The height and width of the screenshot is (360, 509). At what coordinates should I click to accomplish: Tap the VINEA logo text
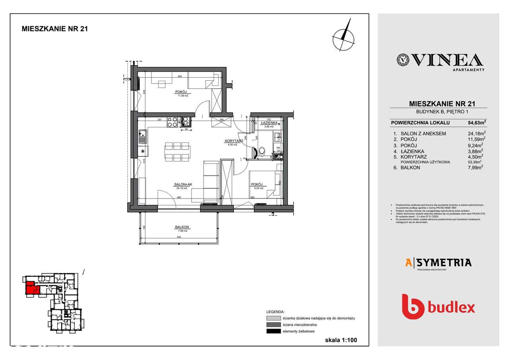[x=440, y=60]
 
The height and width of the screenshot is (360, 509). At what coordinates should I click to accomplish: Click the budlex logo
[x=438, y=307]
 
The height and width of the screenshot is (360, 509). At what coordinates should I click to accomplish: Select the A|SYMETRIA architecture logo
[x=438, y=263]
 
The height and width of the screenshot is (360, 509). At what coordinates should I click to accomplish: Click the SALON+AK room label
[x=180, y=185]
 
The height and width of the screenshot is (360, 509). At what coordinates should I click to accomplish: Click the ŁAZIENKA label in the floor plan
[x=269, y=123]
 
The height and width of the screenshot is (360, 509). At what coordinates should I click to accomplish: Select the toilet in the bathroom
[x=261, y=152]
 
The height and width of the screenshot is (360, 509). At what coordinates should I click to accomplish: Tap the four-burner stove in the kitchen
[x=172, y=121]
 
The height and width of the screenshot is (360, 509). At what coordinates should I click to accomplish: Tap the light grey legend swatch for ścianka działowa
[x=273, y=319]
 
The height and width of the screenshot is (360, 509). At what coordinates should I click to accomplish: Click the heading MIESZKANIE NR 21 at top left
[x=54, y=29]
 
